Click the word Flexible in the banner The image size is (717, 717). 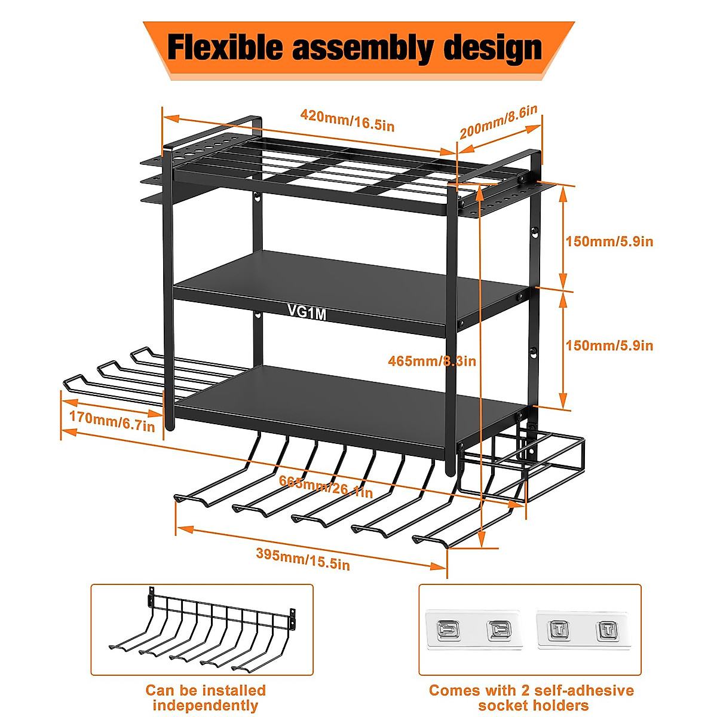coord(226,48)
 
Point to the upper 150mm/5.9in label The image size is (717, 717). coord(609,241)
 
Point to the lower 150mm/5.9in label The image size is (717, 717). coord(609,345)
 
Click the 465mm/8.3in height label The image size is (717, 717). coord(431,361)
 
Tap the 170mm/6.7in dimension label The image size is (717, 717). coord(112,421)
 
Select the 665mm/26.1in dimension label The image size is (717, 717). coord(326,487)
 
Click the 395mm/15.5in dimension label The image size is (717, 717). coord(303,558)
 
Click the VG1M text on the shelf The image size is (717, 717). coord(307,312)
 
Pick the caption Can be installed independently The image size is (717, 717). coord(205,698)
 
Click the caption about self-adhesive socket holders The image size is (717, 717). coord(531,698)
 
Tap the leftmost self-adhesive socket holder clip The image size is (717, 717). coord(448,630)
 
